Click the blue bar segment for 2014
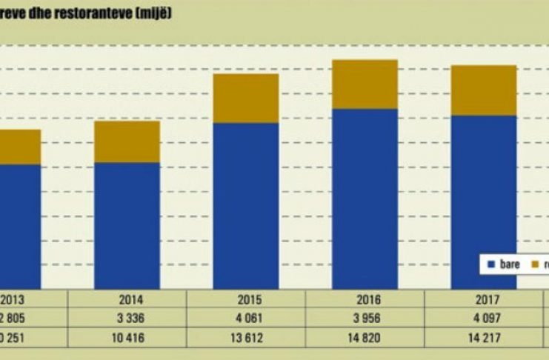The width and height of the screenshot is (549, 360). pos(127,225)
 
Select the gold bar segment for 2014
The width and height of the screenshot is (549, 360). pos(127,141)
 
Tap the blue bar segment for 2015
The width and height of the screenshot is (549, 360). pos(245,205)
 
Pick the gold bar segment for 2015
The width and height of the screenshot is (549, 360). pos(245,99)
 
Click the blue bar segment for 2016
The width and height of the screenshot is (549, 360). pos(365,199)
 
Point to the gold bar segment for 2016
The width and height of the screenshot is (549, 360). pos(365,84)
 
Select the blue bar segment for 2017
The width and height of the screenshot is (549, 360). pos(483,201)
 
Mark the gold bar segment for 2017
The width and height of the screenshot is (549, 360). pos(483,90)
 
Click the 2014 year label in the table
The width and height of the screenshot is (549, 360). pos(127,301)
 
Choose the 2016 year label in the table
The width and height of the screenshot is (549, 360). pos(365,301)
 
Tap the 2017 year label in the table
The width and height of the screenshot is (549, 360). pos(483,301)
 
